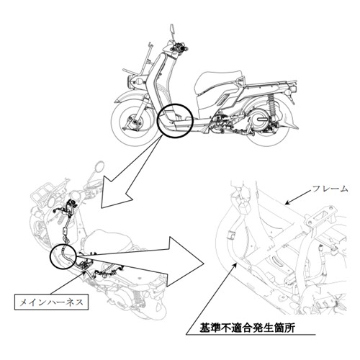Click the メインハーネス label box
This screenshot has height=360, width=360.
(51, 302)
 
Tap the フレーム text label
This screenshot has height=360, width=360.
(330, 189)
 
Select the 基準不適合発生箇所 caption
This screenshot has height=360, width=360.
(248, 328)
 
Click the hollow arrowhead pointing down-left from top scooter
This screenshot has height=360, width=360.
(115, 194)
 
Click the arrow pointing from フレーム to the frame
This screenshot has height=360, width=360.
(298, 197)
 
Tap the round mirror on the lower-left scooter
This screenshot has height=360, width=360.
(99, 166)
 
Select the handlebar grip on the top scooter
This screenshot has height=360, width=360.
(185, 49)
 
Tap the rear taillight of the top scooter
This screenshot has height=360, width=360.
(294, 89)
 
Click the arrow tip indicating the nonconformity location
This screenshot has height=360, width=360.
(237, 264)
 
